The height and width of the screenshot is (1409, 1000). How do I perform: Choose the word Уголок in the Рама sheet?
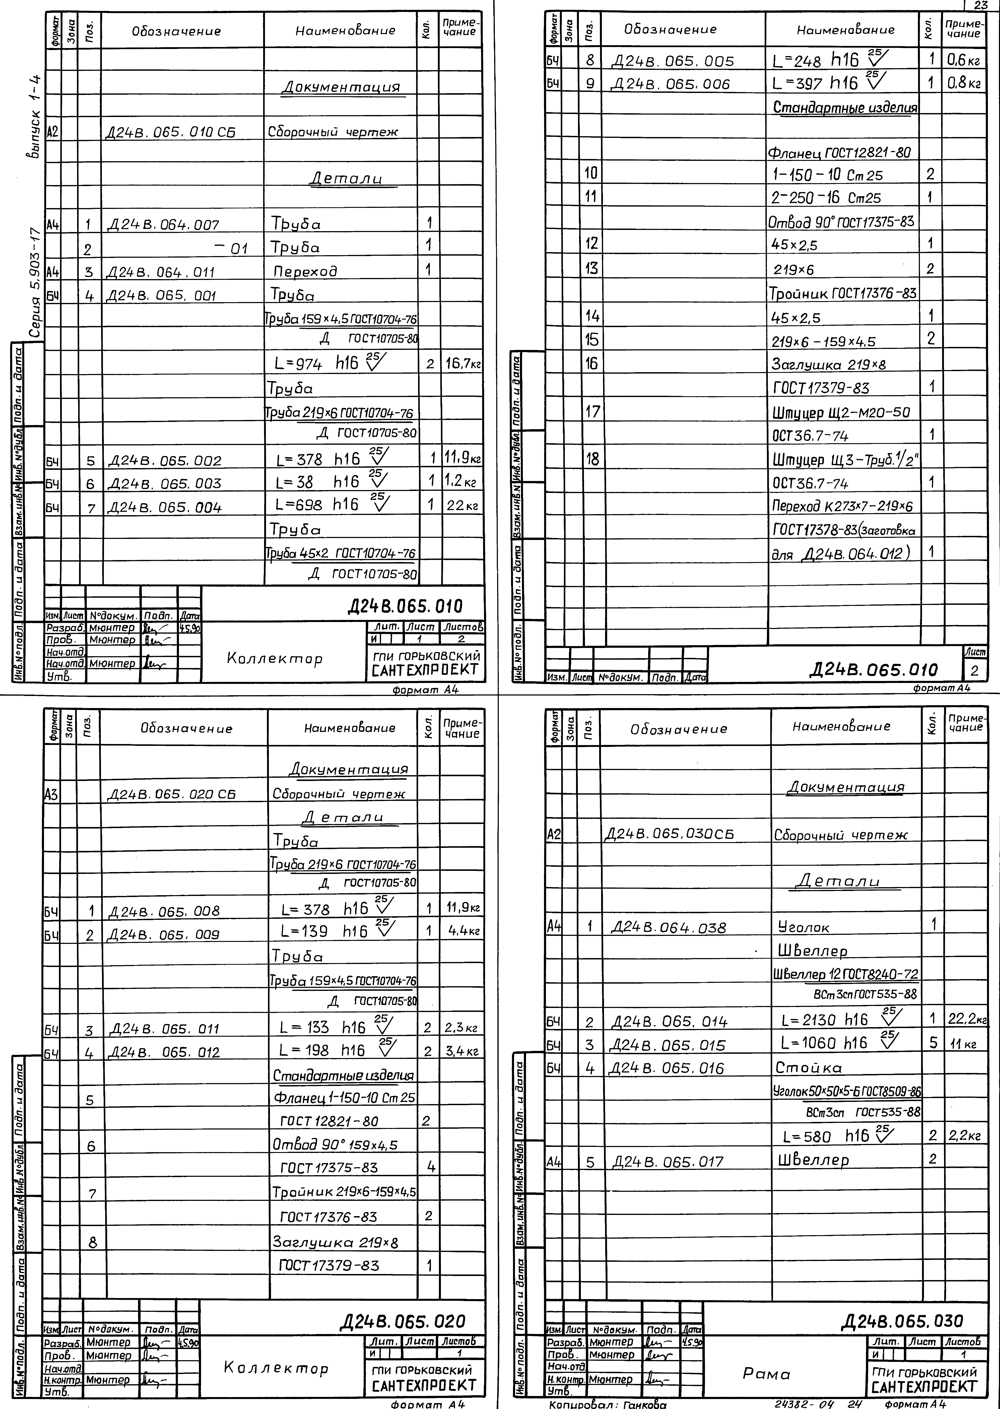pyautogui.click(x=804, y=927)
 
